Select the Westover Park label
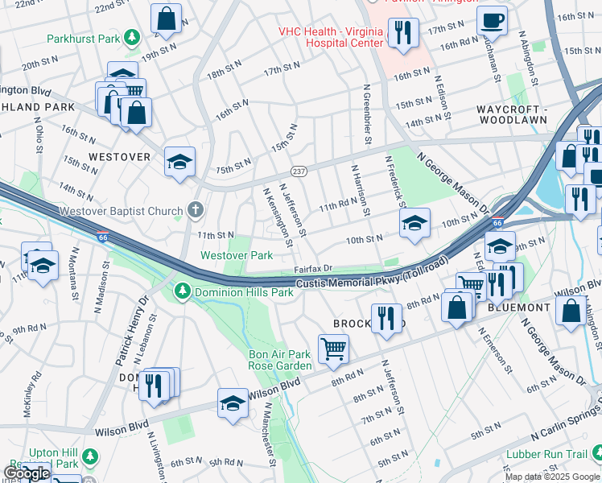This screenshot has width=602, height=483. click(236, 255)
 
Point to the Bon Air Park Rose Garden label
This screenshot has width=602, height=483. click(280, 360)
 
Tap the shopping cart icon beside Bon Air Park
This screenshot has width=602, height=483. click(333, 349)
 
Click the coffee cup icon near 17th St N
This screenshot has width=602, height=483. click(492, 19)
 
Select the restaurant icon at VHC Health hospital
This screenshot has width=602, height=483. click(402, 32)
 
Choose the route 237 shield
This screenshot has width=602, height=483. click(299, 171)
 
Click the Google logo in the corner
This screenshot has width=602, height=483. click(27, 473)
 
